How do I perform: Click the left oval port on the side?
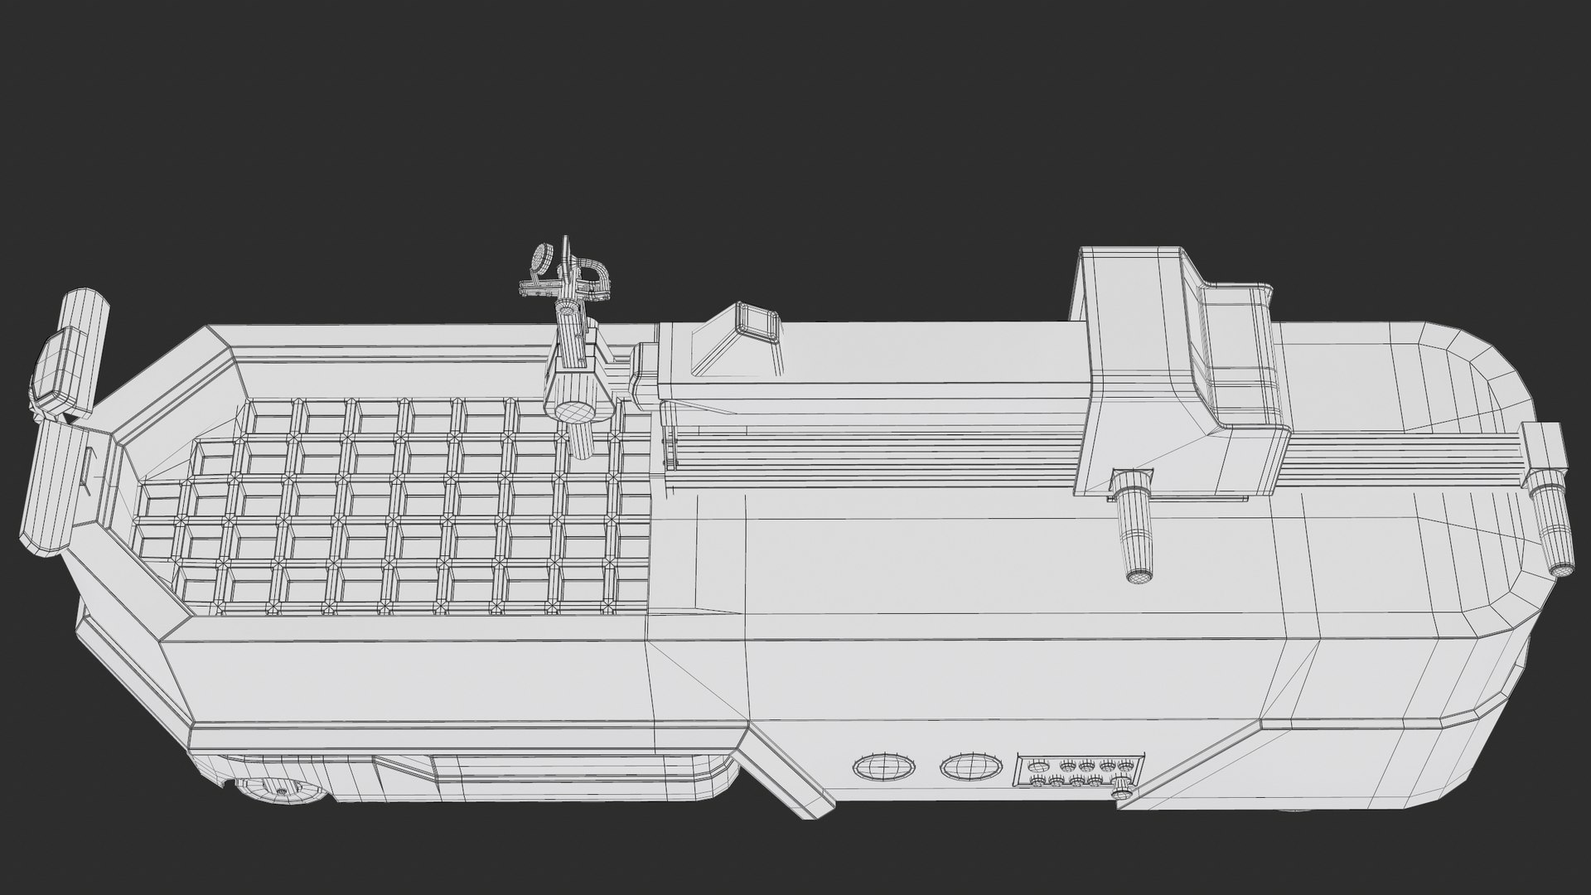pyautogui.click(x=885, y=767)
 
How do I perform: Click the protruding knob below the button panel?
pyautogui.click(x=1123, y=796)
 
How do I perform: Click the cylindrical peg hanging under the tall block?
pyautogui.click(x=1135, y=539)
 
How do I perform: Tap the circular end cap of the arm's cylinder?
pyautogui.click(x=574, y=410)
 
